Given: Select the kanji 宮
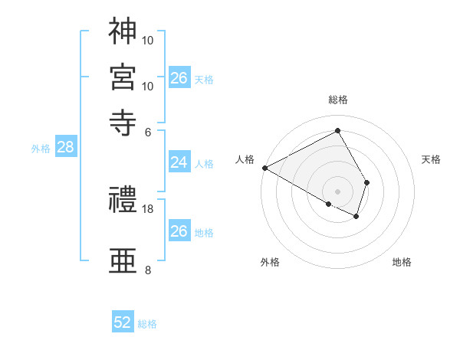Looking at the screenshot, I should [123, 77].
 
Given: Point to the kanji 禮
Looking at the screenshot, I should [123, 201].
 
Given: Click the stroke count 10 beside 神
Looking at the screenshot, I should [148, 39].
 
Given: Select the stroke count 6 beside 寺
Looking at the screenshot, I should [148, 131].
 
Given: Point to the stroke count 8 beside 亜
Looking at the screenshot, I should [148, 270].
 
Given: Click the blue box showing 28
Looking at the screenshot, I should [65, 148].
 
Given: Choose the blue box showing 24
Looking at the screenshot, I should [179, 162].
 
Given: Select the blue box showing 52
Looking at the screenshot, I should [123, 322].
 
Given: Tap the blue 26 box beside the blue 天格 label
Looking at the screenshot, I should [179, 78].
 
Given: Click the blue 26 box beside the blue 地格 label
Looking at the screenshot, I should [179, 231].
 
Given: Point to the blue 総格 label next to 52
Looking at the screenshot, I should [147, 324].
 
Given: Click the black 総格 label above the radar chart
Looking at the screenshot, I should [338, 100].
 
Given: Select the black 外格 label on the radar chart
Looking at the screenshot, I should [270, 263].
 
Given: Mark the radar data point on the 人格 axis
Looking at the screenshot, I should [264, 167].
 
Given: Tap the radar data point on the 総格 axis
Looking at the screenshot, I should [338, 131].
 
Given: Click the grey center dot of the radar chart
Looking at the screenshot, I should [338, 190].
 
